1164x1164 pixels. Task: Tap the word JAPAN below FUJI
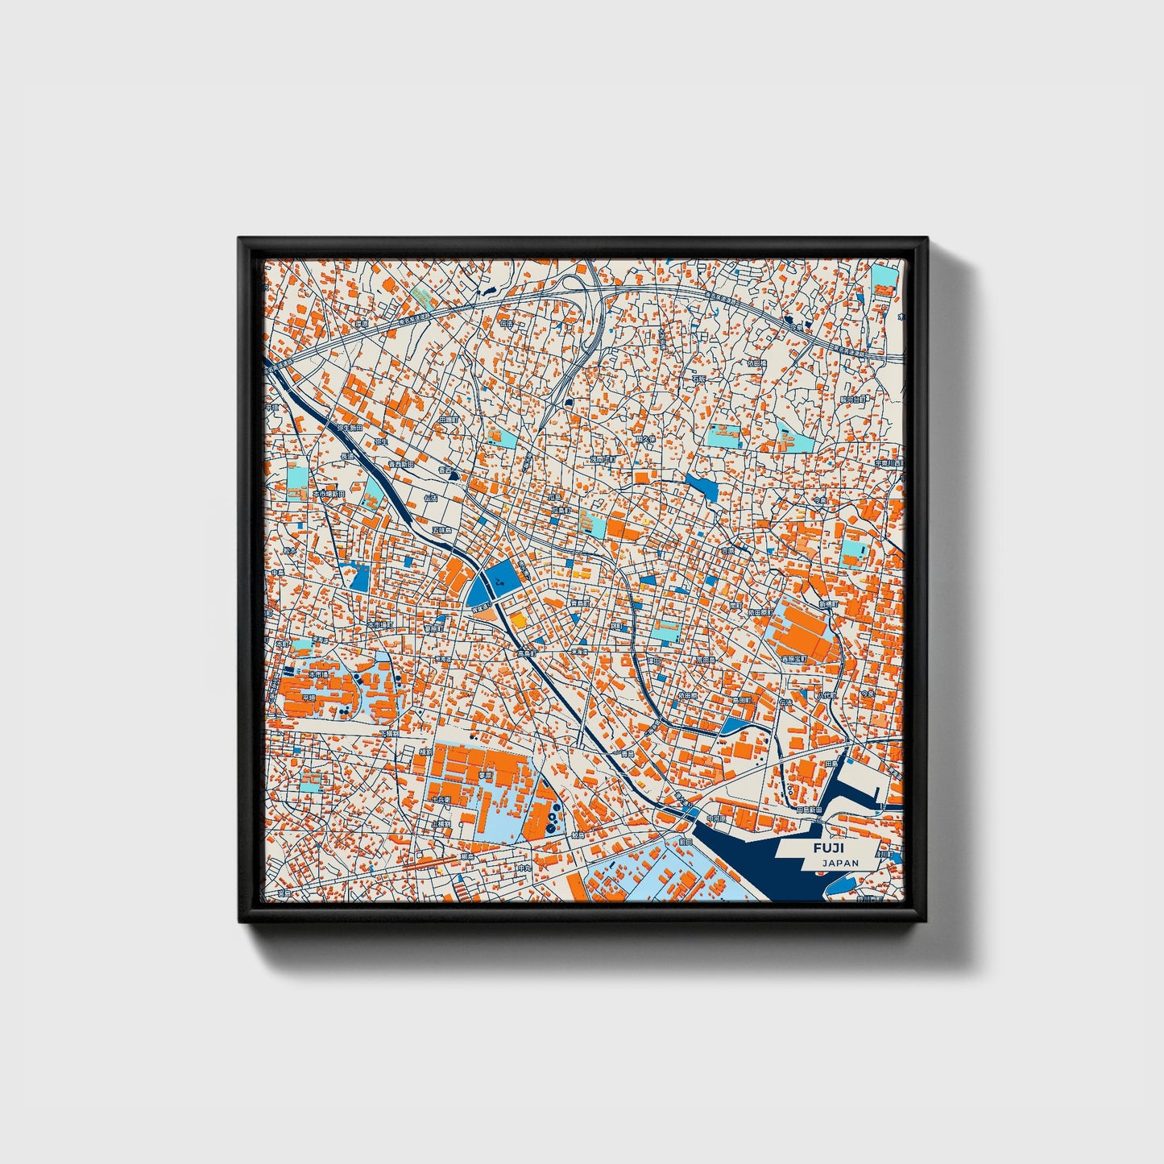(x=840, y=863)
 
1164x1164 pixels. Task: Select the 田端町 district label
(x=448, y=420)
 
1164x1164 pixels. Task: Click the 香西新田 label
(x=400, y=464)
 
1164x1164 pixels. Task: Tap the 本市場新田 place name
(x=329, y=493)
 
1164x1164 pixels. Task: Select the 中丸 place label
(x=524, y=868)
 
